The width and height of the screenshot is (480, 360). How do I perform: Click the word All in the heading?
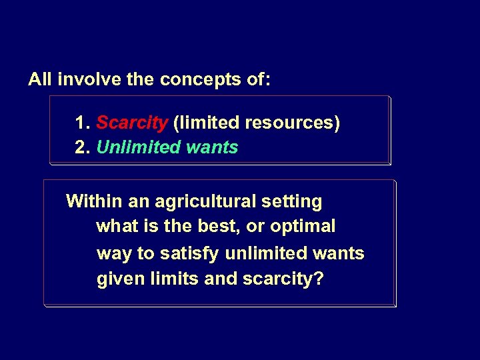point(40,80)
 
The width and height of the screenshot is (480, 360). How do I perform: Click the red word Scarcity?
point(132,123)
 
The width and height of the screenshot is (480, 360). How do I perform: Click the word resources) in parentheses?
point(293,123)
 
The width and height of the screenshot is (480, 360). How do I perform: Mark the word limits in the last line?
point(171,279)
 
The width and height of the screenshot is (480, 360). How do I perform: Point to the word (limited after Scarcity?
point(207,123)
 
